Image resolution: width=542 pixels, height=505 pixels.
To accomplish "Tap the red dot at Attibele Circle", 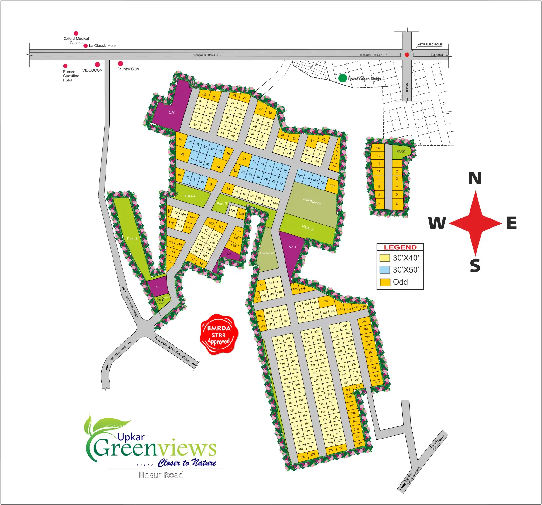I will point(407,55).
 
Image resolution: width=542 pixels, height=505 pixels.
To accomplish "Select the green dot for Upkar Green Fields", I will point(342,78).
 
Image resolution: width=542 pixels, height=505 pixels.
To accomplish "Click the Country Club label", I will point(127,69).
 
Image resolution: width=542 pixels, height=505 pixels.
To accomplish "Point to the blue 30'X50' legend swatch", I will point(385,270).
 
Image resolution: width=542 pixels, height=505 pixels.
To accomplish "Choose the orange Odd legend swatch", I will point(385,282).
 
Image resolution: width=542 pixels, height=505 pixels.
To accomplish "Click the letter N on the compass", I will point(475,179).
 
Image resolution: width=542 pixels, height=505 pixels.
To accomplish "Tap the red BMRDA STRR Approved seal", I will point(219,335).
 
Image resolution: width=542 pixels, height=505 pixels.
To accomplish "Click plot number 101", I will point(332,186).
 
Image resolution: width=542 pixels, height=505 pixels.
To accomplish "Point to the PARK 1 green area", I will point(401,152).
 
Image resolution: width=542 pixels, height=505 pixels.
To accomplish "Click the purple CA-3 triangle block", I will point(292,248).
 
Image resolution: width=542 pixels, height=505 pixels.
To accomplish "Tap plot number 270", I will point(377,383).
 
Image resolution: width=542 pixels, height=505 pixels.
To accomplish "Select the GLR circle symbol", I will point(161,300).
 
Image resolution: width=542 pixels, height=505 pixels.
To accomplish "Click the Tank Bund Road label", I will point(132,306).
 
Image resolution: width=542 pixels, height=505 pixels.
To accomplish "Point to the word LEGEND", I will point(400,247).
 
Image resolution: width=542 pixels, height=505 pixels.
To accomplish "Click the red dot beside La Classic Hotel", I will point(86,46).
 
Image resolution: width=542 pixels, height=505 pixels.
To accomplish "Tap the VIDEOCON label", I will point(92,70).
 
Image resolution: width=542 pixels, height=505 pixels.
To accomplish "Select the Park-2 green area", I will point(307,227).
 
